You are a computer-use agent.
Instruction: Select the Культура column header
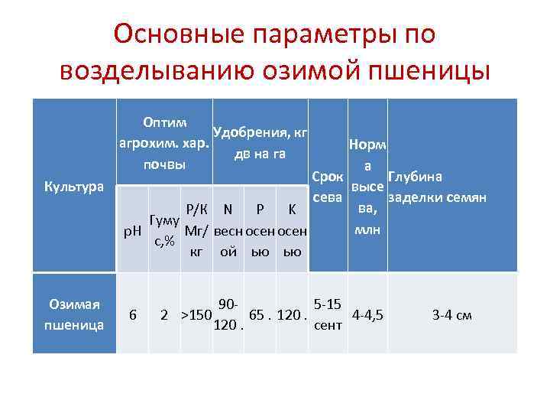tap(73, 187)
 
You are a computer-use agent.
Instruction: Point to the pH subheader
tap(133, 230)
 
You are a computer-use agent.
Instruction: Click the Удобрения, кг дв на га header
tap(260, 142)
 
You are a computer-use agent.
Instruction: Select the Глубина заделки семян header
tap(437, 187)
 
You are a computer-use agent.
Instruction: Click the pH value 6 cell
tap(133, 315)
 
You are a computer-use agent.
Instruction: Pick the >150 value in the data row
tap(196, 315)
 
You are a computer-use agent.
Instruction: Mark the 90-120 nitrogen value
tap(227, 315)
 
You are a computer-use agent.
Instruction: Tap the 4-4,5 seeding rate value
tap(367, 315)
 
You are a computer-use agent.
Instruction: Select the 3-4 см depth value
tap(452, 315)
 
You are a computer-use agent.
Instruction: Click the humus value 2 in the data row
tap(164, 315)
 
